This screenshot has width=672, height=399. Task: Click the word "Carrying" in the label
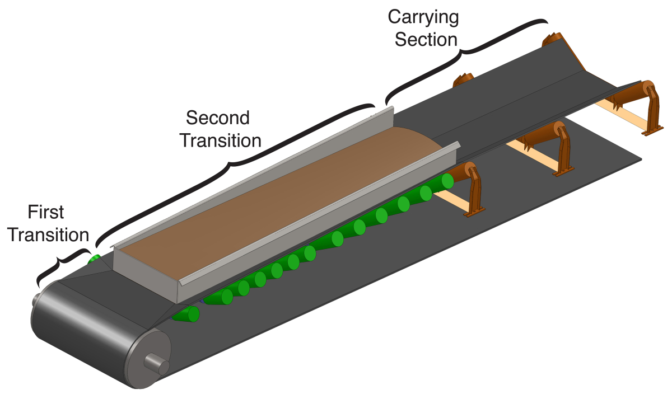pyautogui.click(x=424, y=17)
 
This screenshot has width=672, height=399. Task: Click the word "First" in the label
pyautogui.click(x=45, y=212)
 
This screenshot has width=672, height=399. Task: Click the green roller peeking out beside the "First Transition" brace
pyautogui.click(x=94, y=259)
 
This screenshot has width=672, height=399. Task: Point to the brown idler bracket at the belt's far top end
pyautogui.click(x=552, y=40)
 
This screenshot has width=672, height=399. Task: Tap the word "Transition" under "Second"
pyautogui.click(x=220, y=140)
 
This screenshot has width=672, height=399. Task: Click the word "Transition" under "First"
pyautogui.click(x=50, y=234)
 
